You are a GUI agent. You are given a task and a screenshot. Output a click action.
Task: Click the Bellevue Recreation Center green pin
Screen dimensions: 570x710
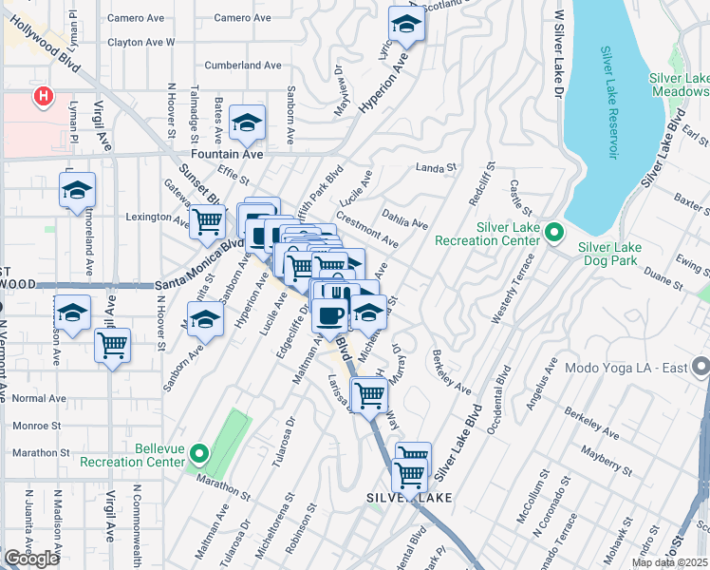pyautogui.click(x=198, y=453)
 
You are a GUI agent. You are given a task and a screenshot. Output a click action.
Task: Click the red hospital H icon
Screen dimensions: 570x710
pyautogui.click(x=42, y=96)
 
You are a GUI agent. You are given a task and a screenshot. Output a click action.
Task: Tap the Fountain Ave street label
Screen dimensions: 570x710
pyautogui.click(x=226, y=153)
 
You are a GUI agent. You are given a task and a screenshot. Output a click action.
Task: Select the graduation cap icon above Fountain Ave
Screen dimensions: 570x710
pyautogui.click(x=247, y=123)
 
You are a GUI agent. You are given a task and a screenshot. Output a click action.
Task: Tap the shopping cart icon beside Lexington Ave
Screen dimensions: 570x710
pyautogui.click(x=207, y=222)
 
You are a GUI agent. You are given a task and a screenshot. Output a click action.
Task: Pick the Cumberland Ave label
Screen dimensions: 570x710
pyautogui.click(x=247, y=66)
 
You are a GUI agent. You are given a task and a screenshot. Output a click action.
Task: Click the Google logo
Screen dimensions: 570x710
pyautogui.click(x=31, y=559)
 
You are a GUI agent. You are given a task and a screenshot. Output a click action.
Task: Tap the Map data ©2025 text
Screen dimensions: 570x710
pyautogui.click(x=669, y=562)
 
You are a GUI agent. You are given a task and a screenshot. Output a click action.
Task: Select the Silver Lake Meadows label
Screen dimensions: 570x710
pyautogui.click(x=679, y=85)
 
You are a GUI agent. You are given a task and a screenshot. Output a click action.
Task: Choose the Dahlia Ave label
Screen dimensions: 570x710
pyautogui.click(x=406, y=218)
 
